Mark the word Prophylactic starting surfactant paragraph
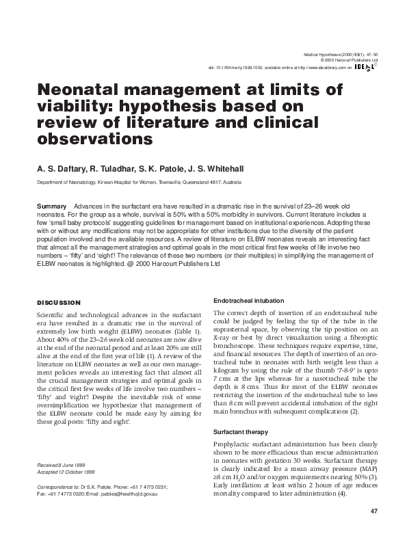tap(233, 446)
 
